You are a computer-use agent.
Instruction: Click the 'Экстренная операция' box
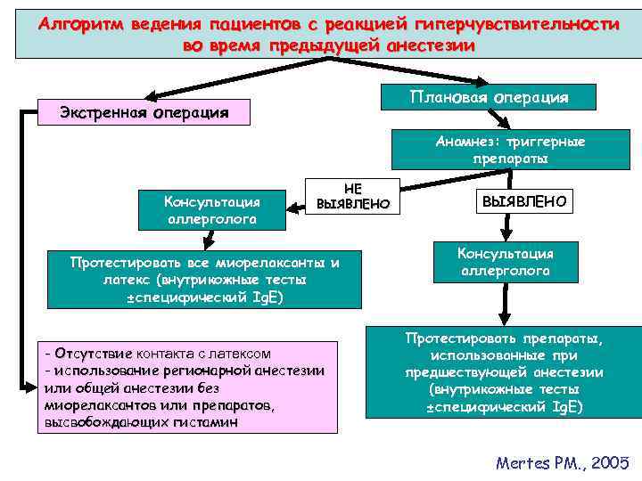tap(144, 113)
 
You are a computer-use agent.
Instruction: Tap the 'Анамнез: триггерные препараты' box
tap(510, 150)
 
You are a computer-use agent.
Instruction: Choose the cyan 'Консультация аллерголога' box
tap(506, 262)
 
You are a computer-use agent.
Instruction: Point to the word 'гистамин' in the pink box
tap(208, 424)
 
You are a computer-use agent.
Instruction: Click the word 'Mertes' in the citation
tap(521, 462)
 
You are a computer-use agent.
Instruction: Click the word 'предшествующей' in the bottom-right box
tap(453, 373)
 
